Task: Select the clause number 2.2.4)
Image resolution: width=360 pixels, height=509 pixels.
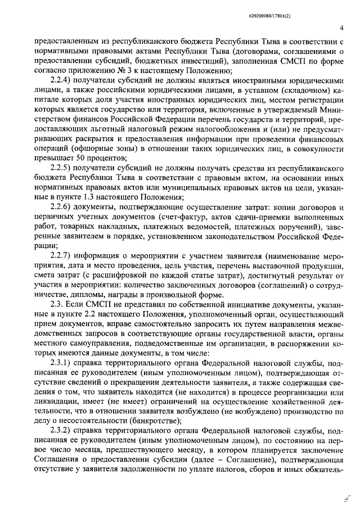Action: coord(63,80)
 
